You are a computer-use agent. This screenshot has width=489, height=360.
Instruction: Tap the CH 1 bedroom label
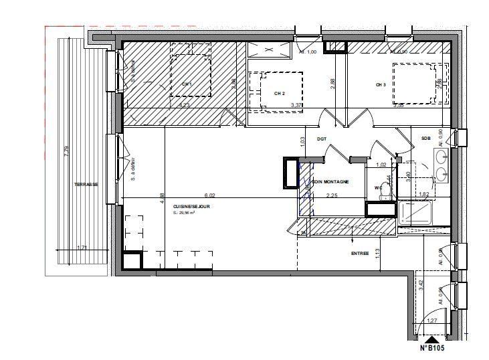pos(187,84)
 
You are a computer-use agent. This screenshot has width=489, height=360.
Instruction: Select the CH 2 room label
pos(280,93)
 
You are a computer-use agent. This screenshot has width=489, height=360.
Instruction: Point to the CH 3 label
pos(381,85)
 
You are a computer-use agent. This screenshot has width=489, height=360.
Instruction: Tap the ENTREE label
pos(360,254)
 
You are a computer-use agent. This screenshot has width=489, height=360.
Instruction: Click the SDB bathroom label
pos(425,139)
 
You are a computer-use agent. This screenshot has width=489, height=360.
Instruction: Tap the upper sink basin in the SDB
pos(442,157)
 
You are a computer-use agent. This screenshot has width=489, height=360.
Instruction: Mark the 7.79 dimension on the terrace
pos(66,153)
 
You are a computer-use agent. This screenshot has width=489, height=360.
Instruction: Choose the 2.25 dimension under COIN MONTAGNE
pos(331,195)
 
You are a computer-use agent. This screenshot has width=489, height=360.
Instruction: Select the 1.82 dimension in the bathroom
pos(423,195)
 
